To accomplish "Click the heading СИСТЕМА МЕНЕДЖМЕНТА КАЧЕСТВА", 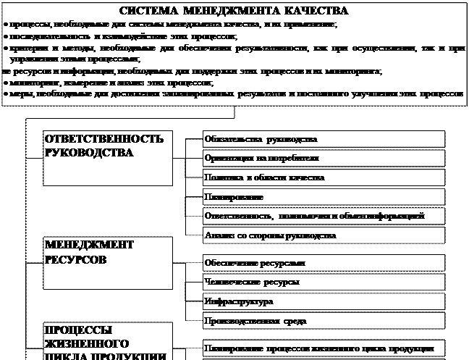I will (233, 12).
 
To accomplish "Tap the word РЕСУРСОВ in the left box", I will (76, 259).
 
